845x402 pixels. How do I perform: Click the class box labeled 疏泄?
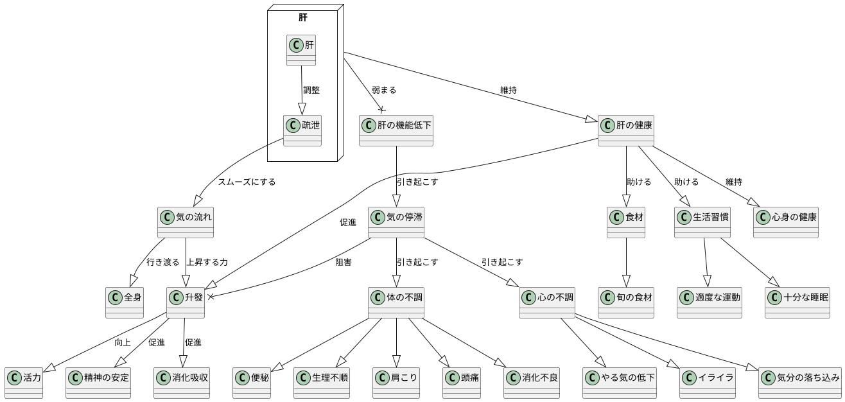[301, 131]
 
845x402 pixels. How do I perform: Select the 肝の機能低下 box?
[396, 131]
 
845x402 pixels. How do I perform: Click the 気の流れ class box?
[186, 222]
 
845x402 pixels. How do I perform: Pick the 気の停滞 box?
[396, 222]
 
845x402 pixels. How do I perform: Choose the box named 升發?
[186, 302]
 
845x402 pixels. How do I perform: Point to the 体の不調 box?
[396, 302]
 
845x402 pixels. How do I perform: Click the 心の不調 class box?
[546, 302]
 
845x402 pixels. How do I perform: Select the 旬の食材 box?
[626, 302]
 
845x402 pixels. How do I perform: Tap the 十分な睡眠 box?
[797, 302]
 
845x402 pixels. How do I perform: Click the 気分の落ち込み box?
[799, 383]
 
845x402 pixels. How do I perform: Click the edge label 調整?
[311, 90]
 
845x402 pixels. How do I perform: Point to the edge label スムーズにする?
[247, 182]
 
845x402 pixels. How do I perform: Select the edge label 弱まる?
[384, 90]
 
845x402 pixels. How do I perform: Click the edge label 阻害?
[344, 262]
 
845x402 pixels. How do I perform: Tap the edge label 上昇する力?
[207, 262]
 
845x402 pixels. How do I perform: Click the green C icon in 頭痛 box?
[452, 377]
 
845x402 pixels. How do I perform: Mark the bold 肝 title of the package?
[303, 17]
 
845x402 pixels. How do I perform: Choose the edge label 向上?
[123, 342]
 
